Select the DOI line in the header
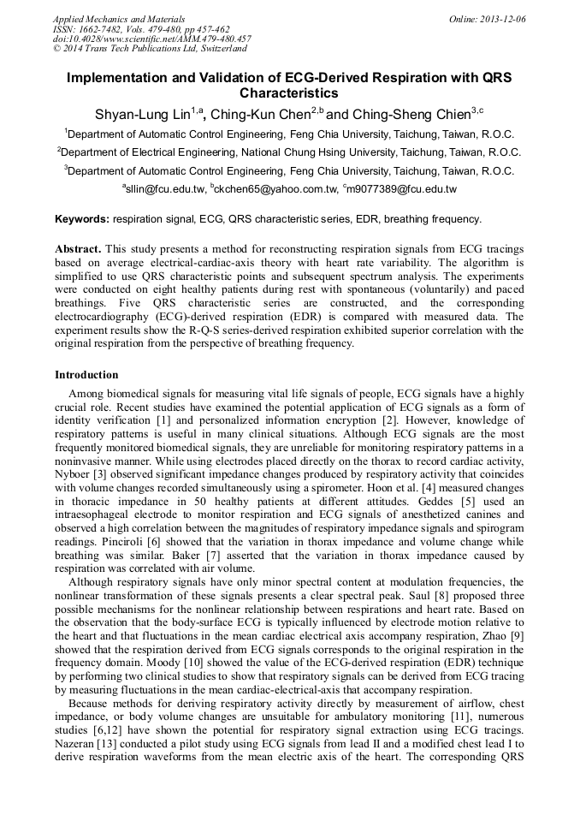[151, 39]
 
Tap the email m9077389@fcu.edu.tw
[402, 188]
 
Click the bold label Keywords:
[81, 219]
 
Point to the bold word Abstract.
[80, 248]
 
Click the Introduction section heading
[86, 375]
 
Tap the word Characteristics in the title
[289, 93]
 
